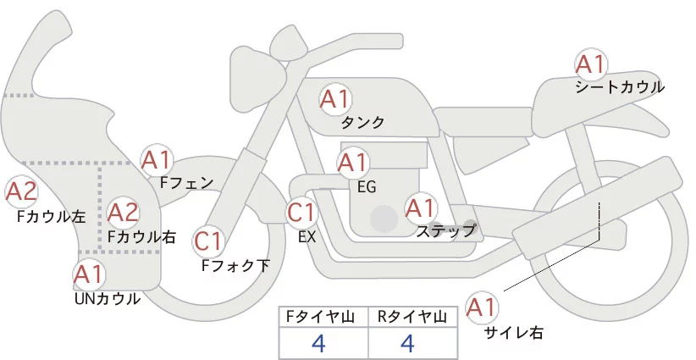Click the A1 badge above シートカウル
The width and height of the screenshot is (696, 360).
[x=590, y=64]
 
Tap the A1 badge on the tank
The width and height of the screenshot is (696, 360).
[x=334, y=99]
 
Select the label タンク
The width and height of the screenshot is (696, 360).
[x=362, y=123]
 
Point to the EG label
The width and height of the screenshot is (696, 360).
[x=367, y=186]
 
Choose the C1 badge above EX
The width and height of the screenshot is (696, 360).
[x=301, y=211]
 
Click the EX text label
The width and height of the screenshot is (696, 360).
[x=307, y=237]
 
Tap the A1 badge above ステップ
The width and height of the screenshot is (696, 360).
[x=421, y=207]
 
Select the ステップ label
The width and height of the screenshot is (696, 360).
[x=445, y=230]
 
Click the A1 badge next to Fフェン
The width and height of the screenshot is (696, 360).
[x=157, y=159]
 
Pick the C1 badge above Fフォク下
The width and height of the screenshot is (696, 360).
[x=208, y=241]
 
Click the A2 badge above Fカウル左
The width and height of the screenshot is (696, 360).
[x=21, y=191]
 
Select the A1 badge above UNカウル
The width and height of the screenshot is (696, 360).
[x=89, y=274]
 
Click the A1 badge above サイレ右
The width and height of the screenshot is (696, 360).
[x=483, y=307]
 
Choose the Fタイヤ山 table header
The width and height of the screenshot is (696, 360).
[x=323, y=317]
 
